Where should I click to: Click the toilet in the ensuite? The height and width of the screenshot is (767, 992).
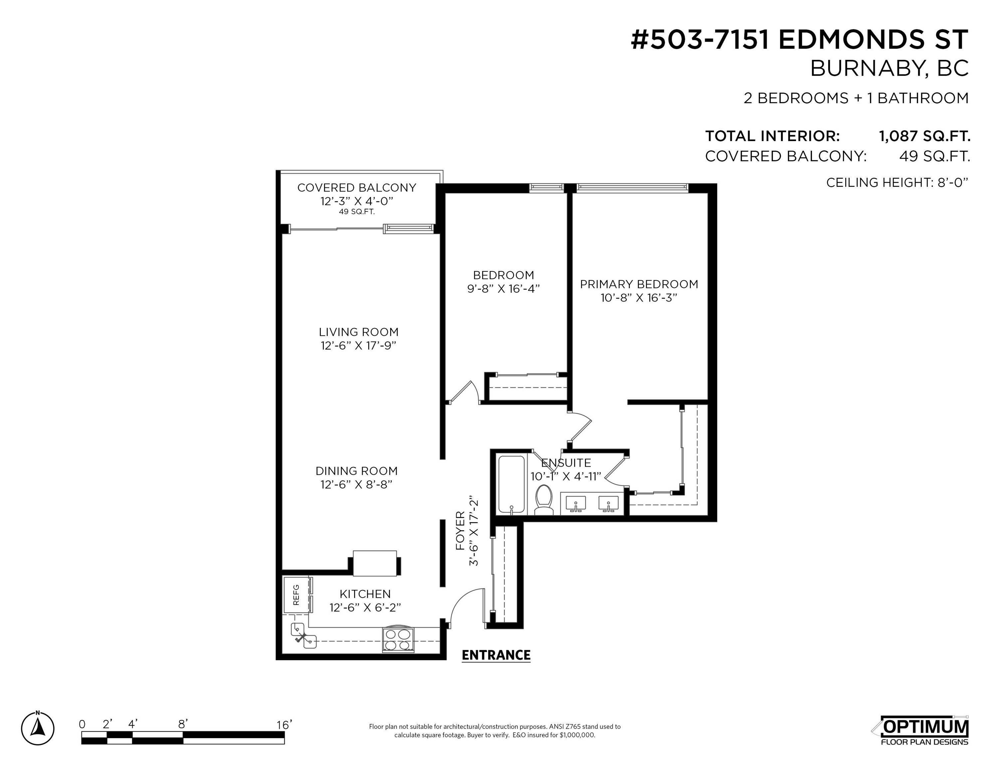tap(544, 500)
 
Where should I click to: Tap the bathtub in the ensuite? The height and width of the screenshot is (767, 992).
tap(511, 485)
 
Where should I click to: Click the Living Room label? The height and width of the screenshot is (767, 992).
tap(358, 332)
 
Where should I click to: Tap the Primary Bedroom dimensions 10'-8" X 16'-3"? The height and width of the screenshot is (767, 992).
tap(639, 298)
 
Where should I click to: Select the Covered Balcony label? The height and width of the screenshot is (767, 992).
tap(356, 188)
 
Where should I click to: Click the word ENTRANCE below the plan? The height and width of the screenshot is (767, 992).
tap(496, 655)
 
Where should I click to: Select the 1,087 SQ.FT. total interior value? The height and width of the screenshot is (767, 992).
tap(925, 136)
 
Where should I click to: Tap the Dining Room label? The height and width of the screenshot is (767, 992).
tap(356, 471)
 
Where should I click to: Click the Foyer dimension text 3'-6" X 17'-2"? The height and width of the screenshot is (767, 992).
tap(474, 530)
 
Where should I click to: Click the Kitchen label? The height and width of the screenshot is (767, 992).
tap(365, 594)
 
